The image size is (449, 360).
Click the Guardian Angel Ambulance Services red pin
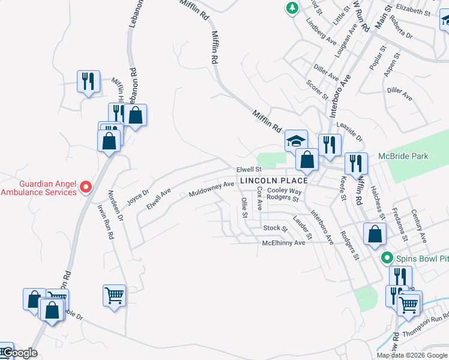coord(85,187)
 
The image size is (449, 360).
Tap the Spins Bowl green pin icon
coord(387,259)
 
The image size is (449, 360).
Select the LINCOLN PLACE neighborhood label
coord(274,181)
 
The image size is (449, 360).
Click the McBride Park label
coord(403,156)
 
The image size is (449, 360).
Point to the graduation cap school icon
coord(296,142)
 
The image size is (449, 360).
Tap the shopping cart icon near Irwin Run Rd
coord(114,295)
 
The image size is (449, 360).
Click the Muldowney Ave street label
coord(211,190)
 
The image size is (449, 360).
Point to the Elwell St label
coord(250,170)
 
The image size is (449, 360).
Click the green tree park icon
coord(292,8)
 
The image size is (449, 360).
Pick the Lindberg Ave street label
coord(321,34)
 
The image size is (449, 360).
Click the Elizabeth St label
coord(414,11)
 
